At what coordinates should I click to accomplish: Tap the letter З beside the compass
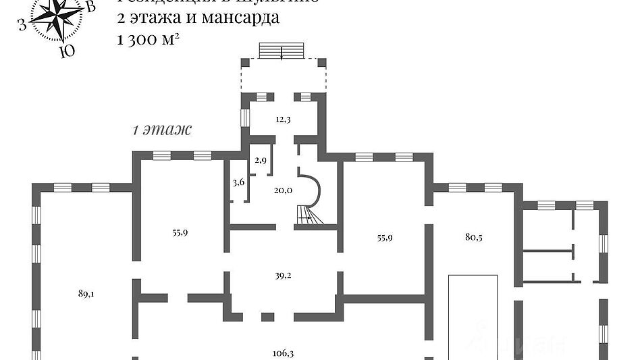[22, 26]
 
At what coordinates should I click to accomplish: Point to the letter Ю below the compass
[65, 51]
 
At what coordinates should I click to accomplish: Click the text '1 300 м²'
[147, 39]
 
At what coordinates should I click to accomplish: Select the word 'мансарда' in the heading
[242, 18]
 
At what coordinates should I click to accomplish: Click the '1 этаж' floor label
[163, 130]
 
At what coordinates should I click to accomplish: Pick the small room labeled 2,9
[261, 161]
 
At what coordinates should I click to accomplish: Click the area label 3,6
[238, 182]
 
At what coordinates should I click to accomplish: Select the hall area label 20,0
[283, 190]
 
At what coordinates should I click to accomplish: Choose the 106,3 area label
[282, 352]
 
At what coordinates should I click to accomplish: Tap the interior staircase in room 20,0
[306, 214]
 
